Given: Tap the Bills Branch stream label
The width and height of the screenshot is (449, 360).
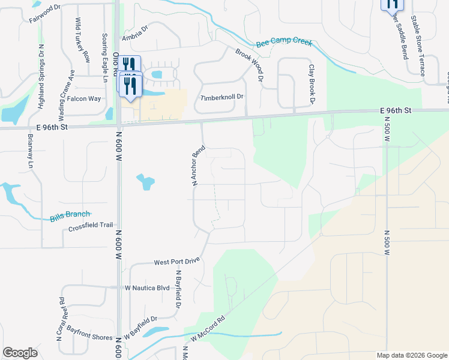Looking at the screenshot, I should pyautogui.click(x=70, y=215).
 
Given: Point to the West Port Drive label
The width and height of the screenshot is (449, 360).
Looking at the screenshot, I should pyautogui.click(x=176, y=262).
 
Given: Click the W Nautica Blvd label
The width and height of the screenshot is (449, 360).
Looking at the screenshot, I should pyautogui.click(x=147, y=288).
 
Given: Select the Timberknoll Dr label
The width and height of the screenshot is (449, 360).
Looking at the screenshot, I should pyautogui.click(x=222, y=97).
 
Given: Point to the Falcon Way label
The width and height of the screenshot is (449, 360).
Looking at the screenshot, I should pyautogui.click(x=84, y=99).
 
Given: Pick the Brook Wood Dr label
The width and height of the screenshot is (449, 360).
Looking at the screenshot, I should pyautogui.click(x=250, y=65).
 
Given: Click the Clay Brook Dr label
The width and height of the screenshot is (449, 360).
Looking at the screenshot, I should pyautogui.click(x=312, y=85).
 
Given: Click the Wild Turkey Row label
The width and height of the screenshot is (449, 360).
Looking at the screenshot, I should pyautogui.click(x=82, y=40).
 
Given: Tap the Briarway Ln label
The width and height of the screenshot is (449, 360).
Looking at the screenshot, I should pyautogui.click(x=30, y=151).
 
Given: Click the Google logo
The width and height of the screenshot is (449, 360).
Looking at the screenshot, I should pyautogui.click(x=20, y=353).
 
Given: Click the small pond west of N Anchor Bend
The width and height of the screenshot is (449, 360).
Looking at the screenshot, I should pyautogui.click(x=145, y=181).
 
